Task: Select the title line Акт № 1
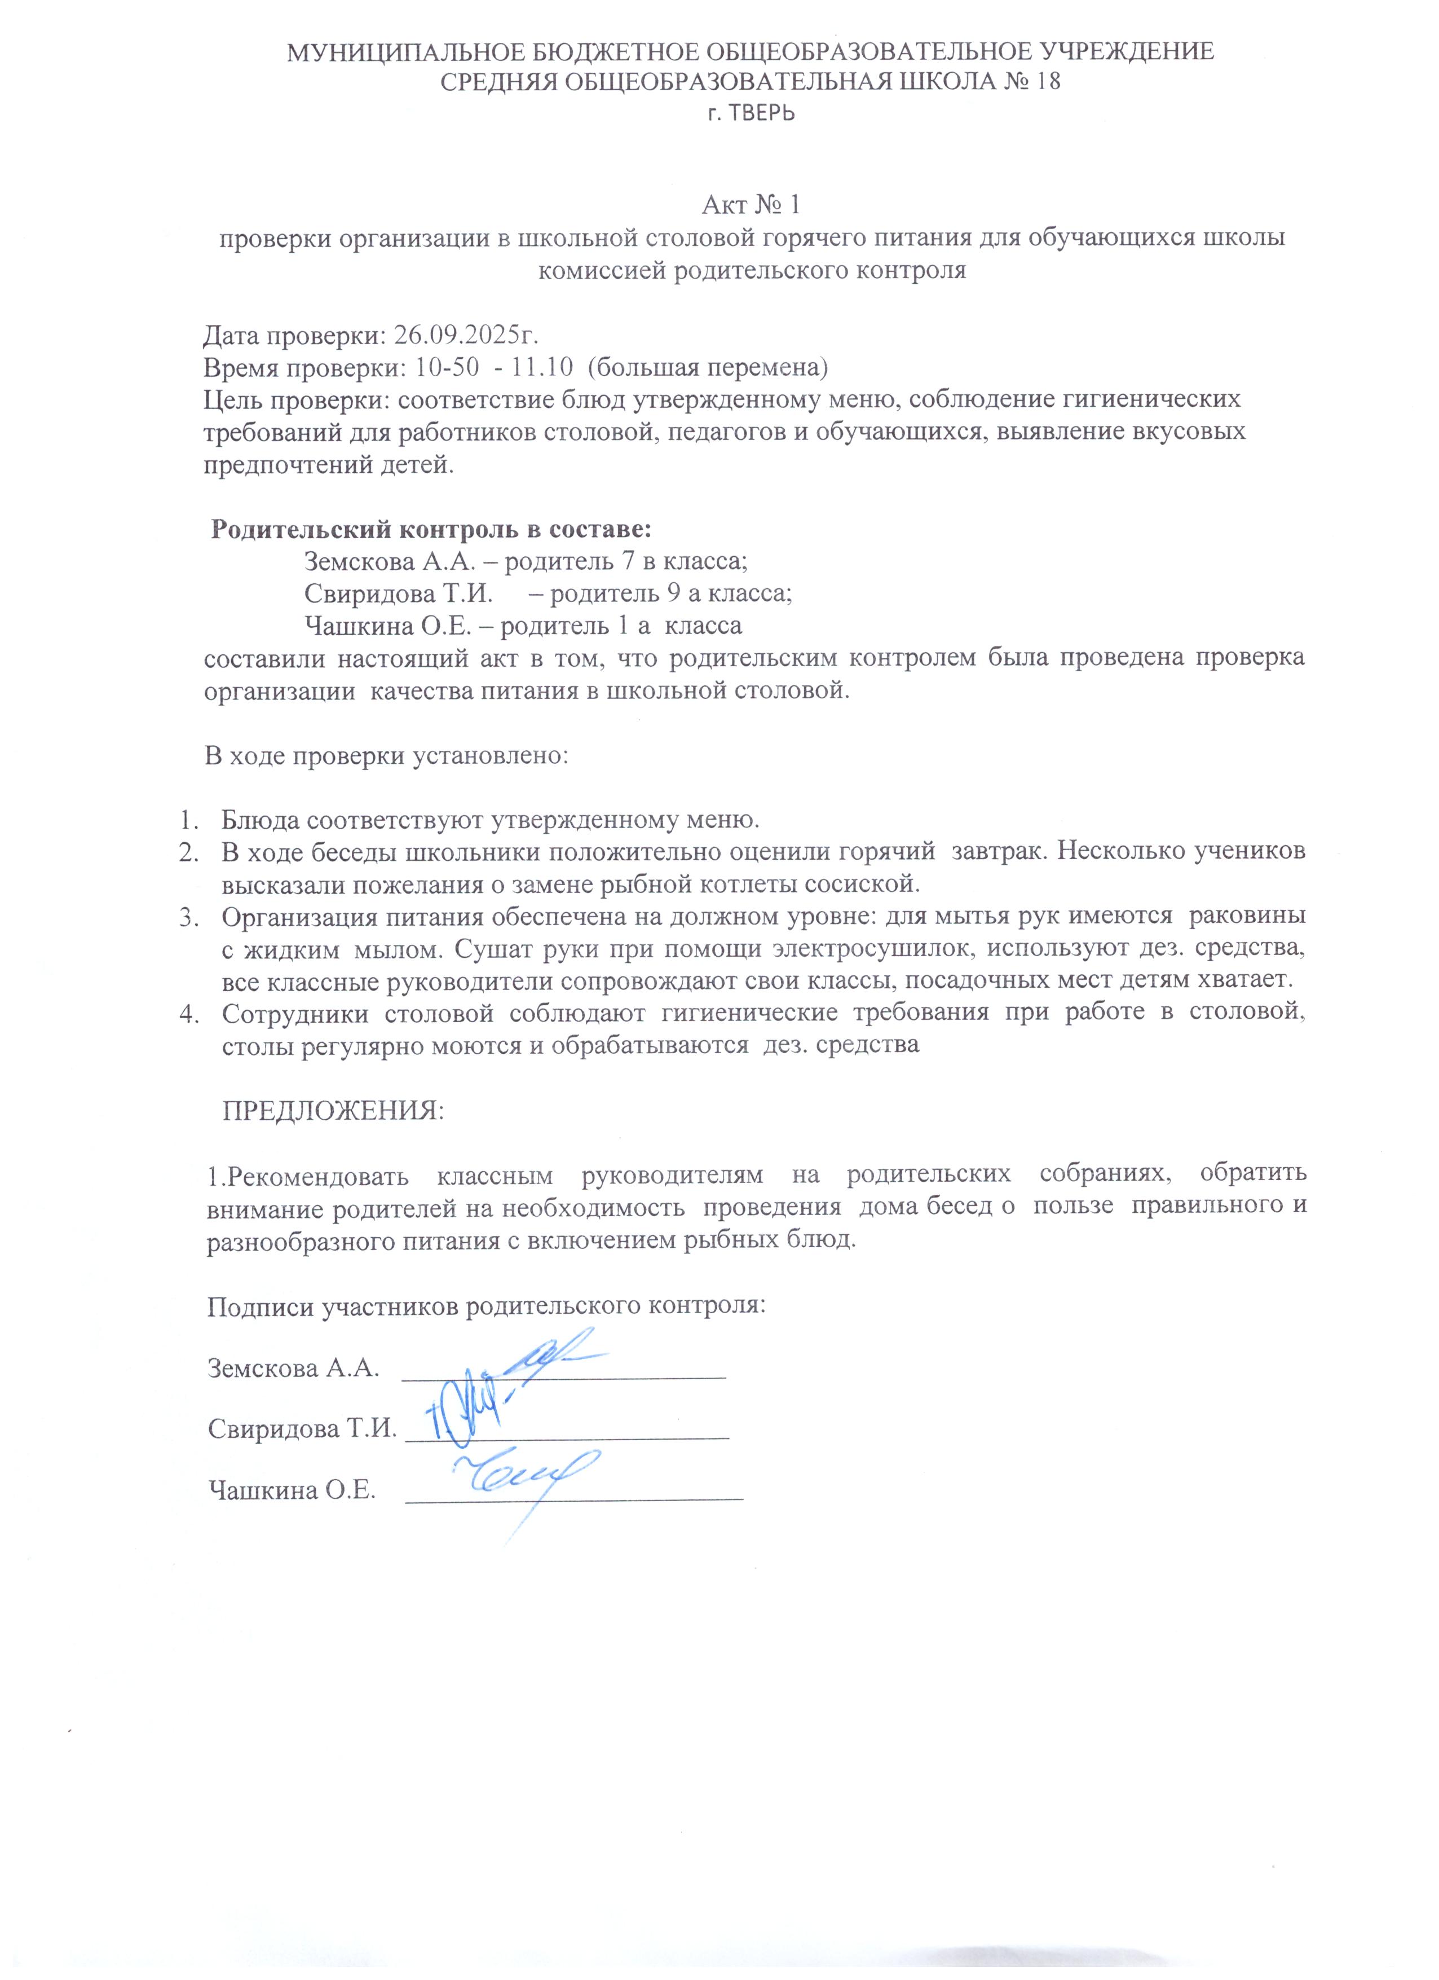[x=751, y=206]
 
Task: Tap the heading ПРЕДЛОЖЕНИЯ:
[x=333, y=1111]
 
